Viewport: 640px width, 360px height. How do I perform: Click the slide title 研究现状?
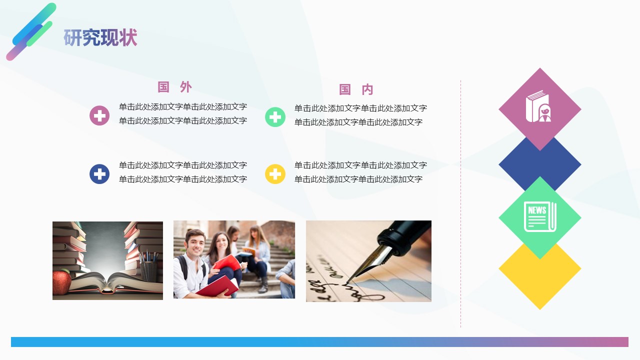pyautogui.click(x=100, y=38)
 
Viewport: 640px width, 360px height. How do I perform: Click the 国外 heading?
pyautogui.click(x=174, y=87)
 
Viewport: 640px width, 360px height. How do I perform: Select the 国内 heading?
pyautogui.click(x=356, y=89)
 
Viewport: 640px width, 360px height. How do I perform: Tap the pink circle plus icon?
pyautogui.click(x=99, y=115)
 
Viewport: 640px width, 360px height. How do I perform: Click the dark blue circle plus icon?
pyautogui.click(x=99, y=174)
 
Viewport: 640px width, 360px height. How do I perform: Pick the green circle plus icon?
pyautogui.click(x=275, y=117)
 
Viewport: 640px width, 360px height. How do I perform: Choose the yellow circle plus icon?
pyautogui.click(x=275, y=174)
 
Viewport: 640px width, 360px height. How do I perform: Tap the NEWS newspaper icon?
pyautogui.click(x=539, y=216)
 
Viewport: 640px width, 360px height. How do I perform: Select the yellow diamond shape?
pyautogui.click(x=540, y=280)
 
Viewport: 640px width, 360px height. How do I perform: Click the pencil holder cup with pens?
pyautogui.click(x=148, y=270)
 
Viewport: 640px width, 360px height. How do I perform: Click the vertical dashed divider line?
pyautogui.click(x=460, y=200)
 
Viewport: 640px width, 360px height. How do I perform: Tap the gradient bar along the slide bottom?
pyautogui.click(x=319, y=342)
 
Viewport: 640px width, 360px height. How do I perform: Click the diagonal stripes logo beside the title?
pyautogui.click(x=30, y=31)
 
